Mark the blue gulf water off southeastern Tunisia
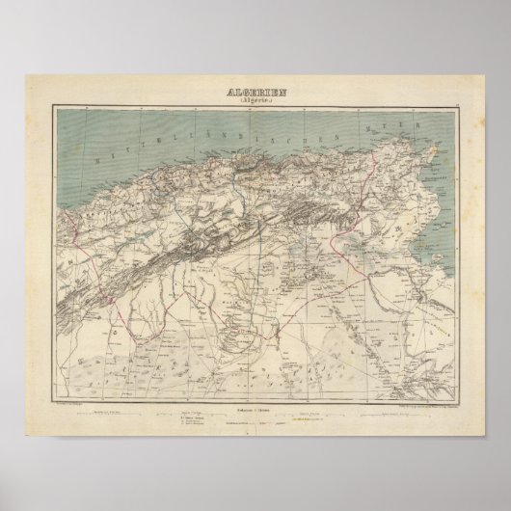[x=429, y=260]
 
